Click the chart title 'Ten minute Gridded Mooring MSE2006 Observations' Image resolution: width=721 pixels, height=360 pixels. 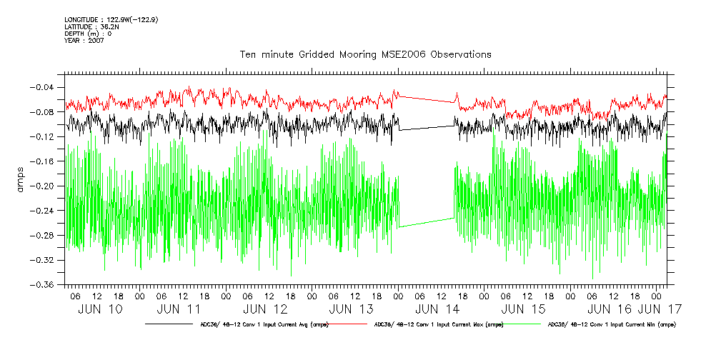(365, 54)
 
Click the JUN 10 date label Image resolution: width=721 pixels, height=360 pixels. (101, 309)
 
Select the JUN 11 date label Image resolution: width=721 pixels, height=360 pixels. (179, 309)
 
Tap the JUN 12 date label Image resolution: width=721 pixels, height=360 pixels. (265, 309)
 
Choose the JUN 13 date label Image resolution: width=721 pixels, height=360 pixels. (352, 309)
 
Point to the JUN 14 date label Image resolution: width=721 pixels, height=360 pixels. (437, 309)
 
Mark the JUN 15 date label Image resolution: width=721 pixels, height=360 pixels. (524, 309)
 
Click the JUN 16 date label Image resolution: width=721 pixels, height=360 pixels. (609, 309)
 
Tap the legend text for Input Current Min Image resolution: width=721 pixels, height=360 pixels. (610, 324)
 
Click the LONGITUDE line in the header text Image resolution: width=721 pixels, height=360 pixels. (111, 19)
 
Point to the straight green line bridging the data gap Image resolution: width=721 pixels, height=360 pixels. (427, 223)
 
